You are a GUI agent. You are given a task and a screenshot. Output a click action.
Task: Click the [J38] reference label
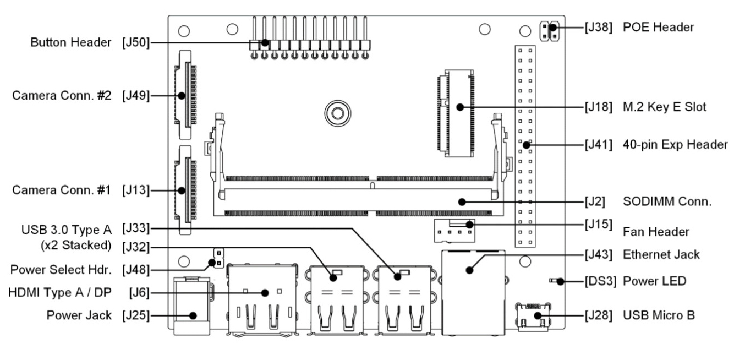(x=597, y=27)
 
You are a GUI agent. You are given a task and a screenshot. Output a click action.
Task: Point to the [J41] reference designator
(x=597, y=145)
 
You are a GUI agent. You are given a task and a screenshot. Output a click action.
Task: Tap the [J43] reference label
(x=597, y=254)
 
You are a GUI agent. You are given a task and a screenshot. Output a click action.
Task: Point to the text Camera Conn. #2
(x=62, y=95)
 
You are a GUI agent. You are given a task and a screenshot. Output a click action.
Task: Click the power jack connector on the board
(x=191, y=308)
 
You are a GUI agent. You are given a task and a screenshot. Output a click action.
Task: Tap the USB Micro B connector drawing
(x=533, y=318)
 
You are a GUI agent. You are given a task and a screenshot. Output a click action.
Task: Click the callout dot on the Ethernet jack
(x=469, y=270)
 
